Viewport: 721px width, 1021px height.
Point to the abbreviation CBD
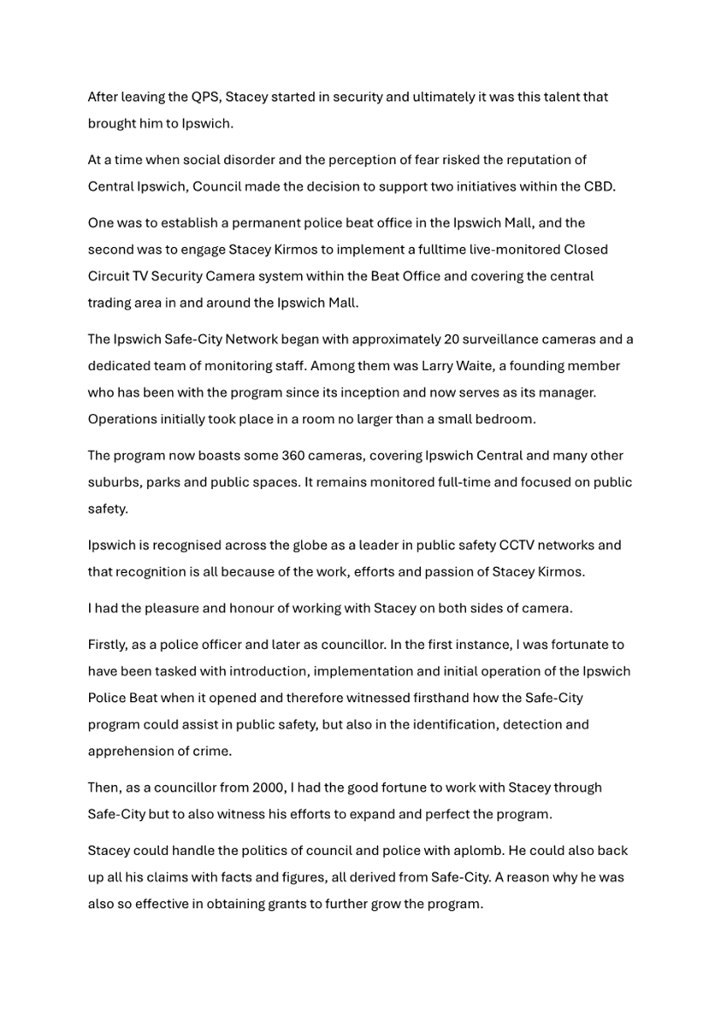(599, 186)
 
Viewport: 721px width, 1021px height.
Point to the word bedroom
(510, 419)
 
